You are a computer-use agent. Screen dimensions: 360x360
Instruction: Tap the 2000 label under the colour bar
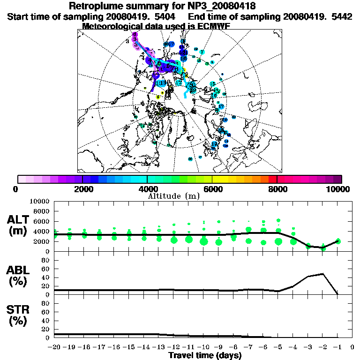coord(82,189)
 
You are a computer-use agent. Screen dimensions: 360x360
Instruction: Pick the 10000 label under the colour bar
coord(338,189)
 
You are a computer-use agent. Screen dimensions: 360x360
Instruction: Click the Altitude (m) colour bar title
coord(173,195)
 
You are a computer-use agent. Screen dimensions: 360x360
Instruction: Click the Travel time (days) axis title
coord(205,355)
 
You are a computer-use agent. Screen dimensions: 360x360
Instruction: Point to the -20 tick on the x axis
coord(55,347)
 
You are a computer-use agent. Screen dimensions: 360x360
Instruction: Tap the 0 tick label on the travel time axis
coord(352,347)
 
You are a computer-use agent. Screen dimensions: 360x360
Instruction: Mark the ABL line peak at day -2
coord(323,274)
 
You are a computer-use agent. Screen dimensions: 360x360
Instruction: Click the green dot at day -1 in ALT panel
coord(337,241)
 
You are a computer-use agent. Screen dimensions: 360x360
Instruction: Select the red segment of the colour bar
coord(273,179)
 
